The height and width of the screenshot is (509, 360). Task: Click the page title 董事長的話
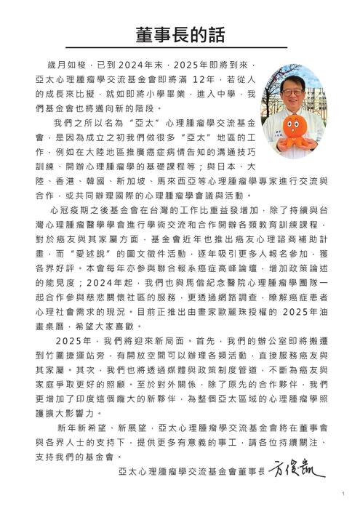[180, 36]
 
